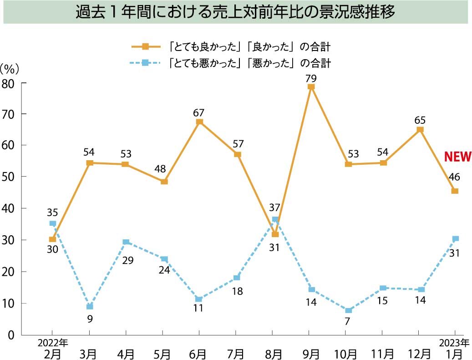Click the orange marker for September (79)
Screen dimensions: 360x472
pyautogui.click(x=311, y=87)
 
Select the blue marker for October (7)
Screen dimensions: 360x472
pyautogui.click(x=348, y=311)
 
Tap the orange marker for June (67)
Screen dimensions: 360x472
pyautogui.click(x=199, y=122)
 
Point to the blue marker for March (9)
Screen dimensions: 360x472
pyautogui.click(x=90, y=306)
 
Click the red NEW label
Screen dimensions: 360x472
pyautogui.click(x=457, y=157)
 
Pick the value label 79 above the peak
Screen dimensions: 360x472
pyautogui.click(x=311, y=78)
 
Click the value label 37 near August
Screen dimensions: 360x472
pyautogui.click(x=274, y=208)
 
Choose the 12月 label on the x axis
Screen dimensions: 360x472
pyautogui.click(x=419, y=353)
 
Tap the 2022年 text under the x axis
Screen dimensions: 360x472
pyautogui.click(x=52, y=343)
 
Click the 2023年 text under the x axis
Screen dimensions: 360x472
pyautogui.click(x=454, y=343)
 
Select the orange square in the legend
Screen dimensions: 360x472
pyautogui.click(x=145, y=46)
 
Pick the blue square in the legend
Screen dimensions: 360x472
pyautogui.click(x=145, y=63)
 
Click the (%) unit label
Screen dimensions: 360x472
pyautogui.click(x=10, y=69)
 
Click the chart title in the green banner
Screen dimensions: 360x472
pyautogui.click(x=235, y=12)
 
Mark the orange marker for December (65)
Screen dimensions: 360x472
pyautogui.click(x=420, y=130)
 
